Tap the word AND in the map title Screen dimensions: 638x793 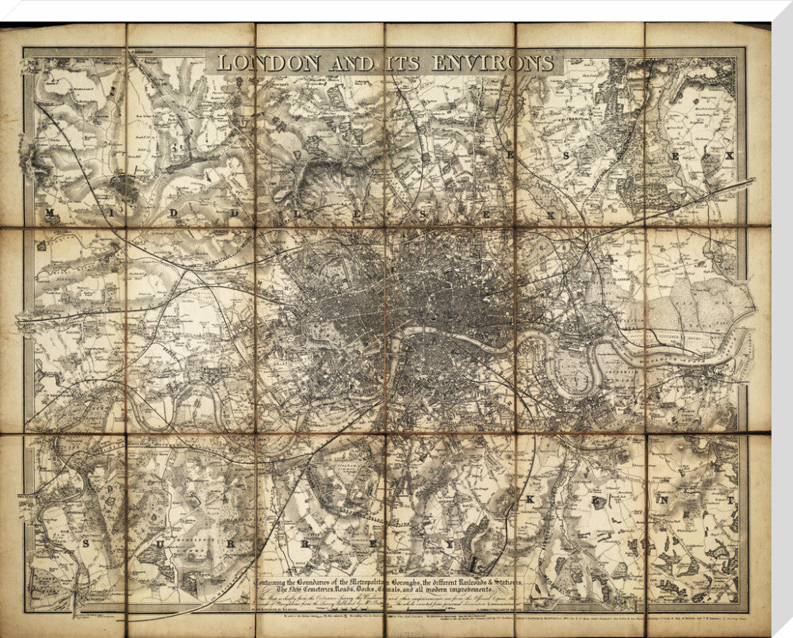(336, 63)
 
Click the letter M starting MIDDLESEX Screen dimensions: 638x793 (52, 214)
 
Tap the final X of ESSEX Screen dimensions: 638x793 (729, 156)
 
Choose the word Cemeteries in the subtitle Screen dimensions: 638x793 (327, 590)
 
